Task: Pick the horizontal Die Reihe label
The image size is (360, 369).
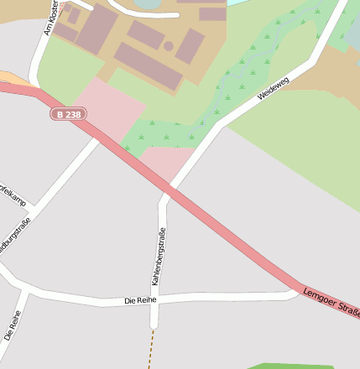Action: (x=140, y=299)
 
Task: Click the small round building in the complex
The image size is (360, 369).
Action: (x=168, y=46)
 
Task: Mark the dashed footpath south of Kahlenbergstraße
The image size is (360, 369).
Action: (x=152, y=348)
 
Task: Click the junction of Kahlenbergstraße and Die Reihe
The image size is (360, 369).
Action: (x=154, y=299)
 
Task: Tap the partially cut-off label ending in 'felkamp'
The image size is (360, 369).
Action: (x=12, y=195)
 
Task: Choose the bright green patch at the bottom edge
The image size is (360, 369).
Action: (x=285, y=366)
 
